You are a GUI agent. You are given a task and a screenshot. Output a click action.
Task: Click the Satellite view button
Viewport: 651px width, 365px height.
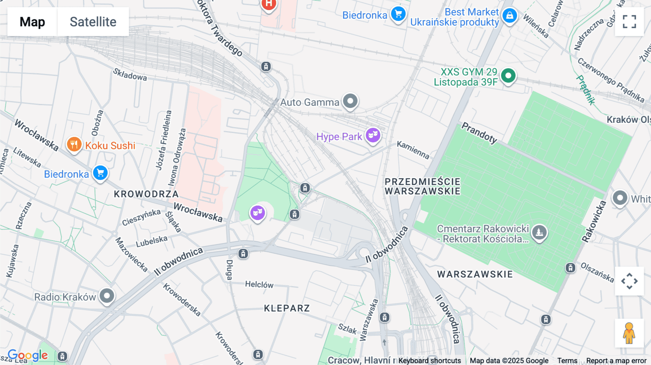[93, 22]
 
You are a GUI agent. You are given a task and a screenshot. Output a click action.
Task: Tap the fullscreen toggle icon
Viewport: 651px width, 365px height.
[629, 22]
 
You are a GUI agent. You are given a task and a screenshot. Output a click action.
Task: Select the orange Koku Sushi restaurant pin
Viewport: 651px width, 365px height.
[74, 145]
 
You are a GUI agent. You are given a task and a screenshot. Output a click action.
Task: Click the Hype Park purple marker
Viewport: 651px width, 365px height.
[373, 136]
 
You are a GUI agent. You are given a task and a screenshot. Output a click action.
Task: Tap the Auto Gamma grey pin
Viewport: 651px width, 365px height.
[350, 101]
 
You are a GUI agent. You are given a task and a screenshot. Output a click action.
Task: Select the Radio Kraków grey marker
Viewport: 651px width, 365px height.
[107, 296]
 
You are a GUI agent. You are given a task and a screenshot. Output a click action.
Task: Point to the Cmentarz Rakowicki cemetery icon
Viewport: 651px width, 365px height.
[539, 233]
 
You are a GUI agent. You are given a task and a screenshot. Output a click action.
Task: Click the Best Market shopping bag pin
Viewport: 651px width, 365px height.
[510, 16]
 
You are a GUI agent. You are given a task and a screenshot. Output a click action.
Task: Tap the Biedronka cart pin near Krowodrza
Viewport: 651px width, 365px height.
[100, 173]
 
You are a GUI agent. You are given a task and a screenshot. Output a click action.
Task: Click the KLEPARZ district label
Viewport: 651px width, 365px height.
[287, 308]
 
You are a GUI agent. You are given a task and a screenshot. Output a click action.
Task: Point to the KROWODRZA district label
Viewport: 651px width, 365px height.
[146, 194]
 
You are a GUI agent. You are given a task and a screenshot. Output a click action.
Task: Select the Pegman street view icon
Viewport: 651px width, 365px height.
[629, 333]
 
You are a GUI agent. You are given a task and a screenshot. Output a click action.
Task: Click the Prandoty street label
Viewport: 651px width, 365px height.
[479, 133]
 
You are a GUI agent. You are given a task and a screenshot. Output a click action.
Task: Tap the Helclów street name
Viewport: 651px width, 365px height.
[259, 284]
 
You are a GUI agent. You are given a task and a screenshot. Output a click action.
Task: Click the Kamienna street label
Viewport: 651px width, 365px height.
[413, 150]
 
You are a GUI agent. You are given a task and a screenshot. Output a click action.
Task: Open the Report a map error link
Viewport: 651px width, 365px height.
[616, 361]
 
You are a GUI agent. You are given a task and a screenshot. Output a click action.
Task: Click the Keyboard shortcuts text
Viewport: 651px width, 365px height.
[429, 361]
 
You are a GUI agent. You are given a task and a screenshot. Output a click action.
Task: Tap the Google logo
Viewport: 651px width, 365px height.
[27, 355]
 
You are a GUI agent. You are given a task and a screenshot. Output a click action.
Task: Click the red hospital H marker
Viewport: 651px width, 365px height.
[268, 5]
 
